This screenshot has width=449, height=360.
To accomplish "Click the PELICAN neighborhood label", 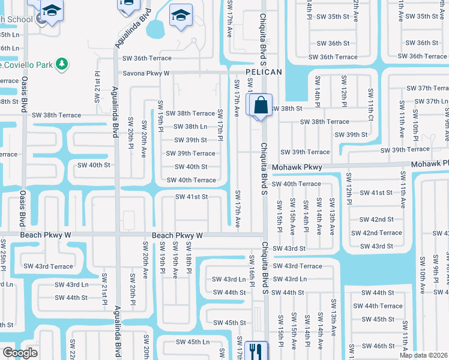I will [263, 72].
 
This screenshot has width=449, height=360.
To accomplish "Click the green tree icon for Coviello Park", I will [61, 63].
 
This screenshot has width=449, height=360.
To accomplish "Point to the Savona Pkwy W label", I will [146, 73].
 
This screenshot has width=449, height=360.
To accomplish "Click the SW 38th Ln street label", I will [190, 127].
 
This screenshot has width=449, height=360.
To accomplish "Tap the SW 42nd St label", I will [376, 220].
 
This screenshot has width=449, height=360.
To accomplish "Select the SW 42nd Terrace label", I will [376, 233].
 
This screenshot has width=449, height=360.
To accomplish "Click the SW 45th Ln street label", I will [192, 342].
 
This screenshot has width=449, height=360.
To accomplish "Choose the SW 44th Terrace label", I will [378, 306].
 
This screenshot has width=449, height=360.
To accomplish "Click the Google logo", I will [19, 353].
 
